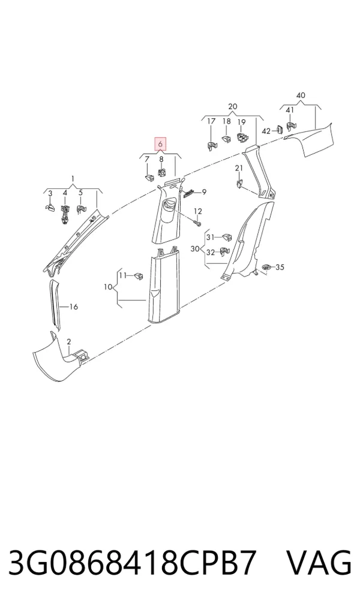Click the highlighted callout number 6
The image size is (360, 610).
tap(160, 144)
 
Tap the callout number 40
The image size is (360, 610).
tap(301, 95)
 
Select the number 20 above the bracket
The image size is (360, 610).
tap(232, 106)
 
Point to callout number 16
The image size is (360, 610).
tap(74, 306)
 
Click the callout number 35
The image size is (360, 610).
tap(280, 268)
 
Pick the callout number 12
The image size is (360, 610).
tap(198, 211)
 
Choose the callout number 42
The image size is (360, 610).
tap(266, 131)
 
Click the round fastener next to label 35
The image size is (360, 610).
tap(266, 268)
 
